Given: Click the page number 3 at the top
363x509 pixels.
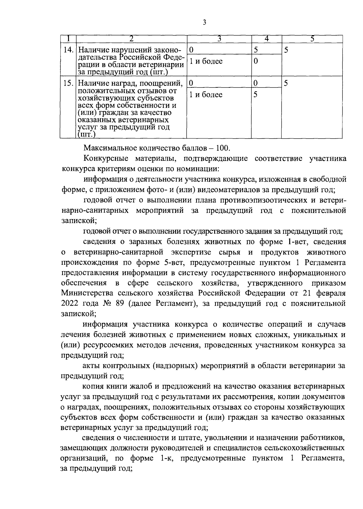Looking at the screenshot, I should (x=204, y=22).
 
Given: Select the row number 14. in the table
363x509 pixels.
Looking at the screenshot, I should (x=69, y=50).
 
